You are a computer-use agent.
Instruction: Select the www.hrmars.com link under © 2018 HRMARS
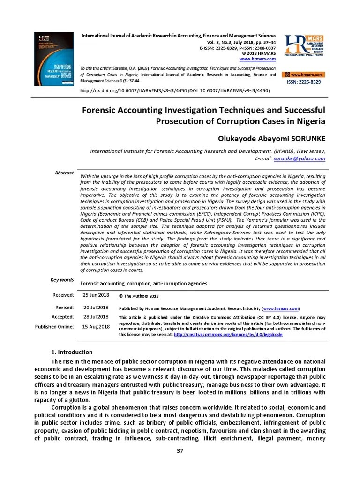(257, 59)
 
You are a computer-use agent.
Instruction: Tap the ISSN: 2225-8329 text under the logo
(304, 82)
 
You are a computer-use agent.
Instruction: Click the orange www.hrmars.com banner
(304, 75)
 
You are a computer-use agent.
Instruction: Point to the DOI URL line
(175, 90)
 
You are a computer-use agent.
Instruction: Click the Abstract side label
(64, 173)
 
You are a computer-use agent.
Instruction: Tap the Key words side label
(62, 280)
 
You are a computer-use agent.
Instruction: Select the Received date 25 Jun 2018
(96, 295)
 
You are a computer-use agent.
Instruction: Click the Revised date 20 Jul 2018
(96, 307)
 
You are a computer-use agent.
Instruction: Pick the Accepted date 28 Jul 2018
(96, 317)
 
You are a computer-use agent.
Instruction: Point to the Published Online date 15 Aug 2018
(96, 326)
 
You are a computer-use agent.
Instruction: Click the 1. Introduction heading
(71, 352)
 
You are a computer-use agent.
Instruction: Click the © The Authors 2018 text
(139, 296)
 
